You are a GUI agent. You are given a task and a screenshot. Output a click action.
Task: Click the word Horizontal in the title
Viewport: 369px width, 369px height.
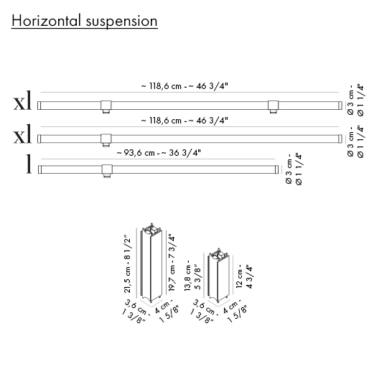pos(46,21)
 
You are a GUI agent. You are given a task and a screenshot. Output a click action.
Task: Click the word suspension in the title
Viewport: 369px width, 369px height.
pos(121,22)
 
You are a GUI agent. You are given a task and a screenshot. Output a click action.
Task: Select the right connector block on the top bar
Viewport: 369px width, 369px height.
pos(273,107)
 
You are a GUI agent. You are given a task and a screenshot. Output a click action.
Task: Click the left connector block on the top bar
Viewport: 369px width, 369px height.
pos(106,107)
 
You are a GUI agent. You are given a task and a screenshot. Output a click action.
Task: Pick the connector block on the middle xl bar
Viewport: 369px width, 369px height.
pos(106,140)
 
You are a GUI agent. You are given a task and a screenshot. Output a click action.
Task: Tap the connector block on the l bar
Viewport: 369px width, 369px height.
pos(107,171)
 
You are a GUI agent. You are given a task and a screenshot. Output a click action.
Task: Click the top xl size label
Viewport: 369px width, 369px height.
pos(22,101)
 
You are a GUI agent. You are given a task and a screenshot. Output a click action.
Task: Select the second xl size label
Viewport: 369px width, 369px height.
pos(22,134)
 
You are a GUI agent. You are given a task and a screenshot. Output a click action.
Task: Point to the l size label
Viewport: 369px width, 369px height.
pos(29,164)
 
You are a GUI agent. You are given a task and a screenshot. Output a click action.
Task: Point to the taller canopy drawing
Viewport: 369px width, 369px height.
pos(151,263)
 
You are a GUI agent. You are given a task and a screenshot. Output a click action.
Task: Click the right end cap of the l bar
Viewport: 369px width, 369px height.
pos(276,169)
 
